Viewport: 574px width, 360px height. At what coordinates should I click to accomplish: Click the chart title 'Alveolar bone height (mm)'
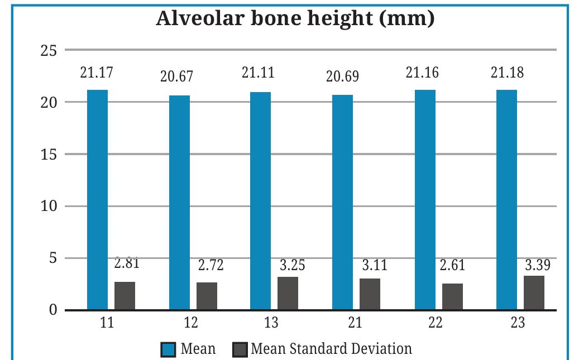coord(295,18)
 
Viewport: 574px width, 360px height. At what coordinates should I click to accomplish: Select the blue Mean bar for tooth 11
coord(97,200)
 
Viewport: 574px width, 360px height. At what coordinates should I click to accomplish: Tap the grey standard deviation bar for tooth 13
coord(288,293)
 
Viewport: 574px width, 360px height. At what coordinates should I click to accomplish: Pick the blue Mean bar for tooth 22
coord(425,200)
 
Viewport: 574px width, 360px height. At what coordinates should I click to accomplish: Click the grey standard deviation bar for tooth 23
coord(534,292)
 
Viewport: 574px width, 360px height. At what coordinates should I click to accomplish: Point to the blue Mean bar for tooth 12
coord(179,203)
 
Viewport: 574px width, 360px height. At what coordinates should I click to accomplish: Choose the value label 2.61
coord(452,265)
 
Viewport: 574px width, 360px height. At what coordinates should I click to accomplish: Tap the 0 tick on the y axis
coord(52,310)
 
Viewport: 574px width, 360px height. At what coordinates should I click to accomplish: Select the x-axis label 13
coord(272,323)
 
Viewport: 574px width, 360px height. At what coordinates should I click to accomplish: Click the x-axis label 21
coord(354,323)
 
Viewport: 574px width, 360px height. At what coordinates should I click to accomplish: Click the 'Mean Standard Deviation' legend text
coord(331,349)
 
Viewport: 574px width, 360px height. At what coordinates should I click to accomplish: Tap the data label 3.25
coord(293,265)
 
